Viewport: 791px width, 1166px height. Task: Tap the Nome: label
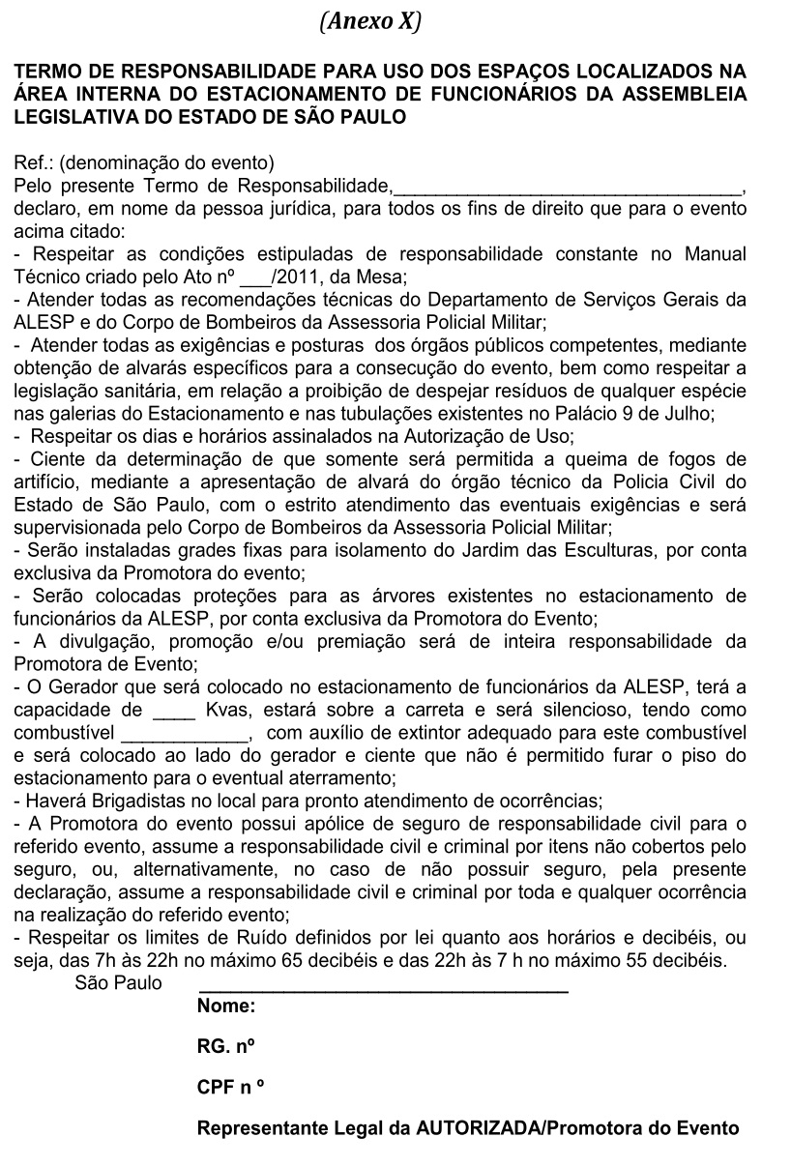[226, 1006]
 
